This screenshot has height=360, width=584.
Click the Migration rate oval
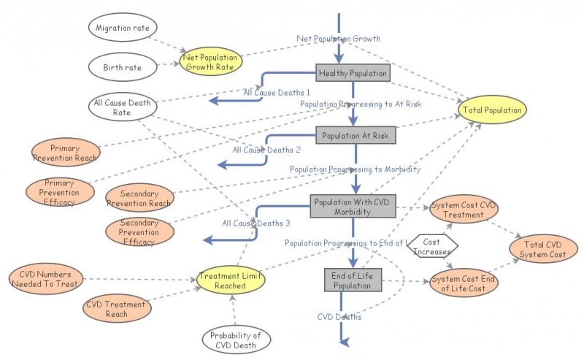(123, 28)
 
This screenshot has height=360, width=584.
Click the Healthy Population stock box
(353, 74)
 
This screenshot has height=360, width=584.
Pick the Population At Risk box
(356, 135)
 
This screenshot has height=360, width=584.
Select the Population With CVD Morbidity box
(352, 206)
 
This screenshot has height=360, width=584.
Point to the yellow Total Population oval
(492, 110)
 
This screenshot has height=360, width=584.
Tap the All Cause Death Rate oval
(123, 107)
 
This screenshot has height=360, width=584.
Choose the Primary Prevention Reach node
(65, 152)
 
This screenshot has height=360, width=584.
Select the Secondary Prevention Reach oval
(139, 197)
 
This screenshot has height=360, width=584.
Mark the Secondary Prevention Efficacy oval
(139, 231)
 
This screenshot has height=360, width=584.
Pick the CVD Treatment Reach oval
(116, 308)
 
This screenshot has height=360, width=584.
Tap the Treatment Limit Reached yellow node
(230, 280)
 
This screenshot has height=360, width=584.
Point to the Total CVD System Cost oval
(543, 249)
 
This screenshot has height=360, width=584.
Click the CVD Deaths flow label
(339, 317)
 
